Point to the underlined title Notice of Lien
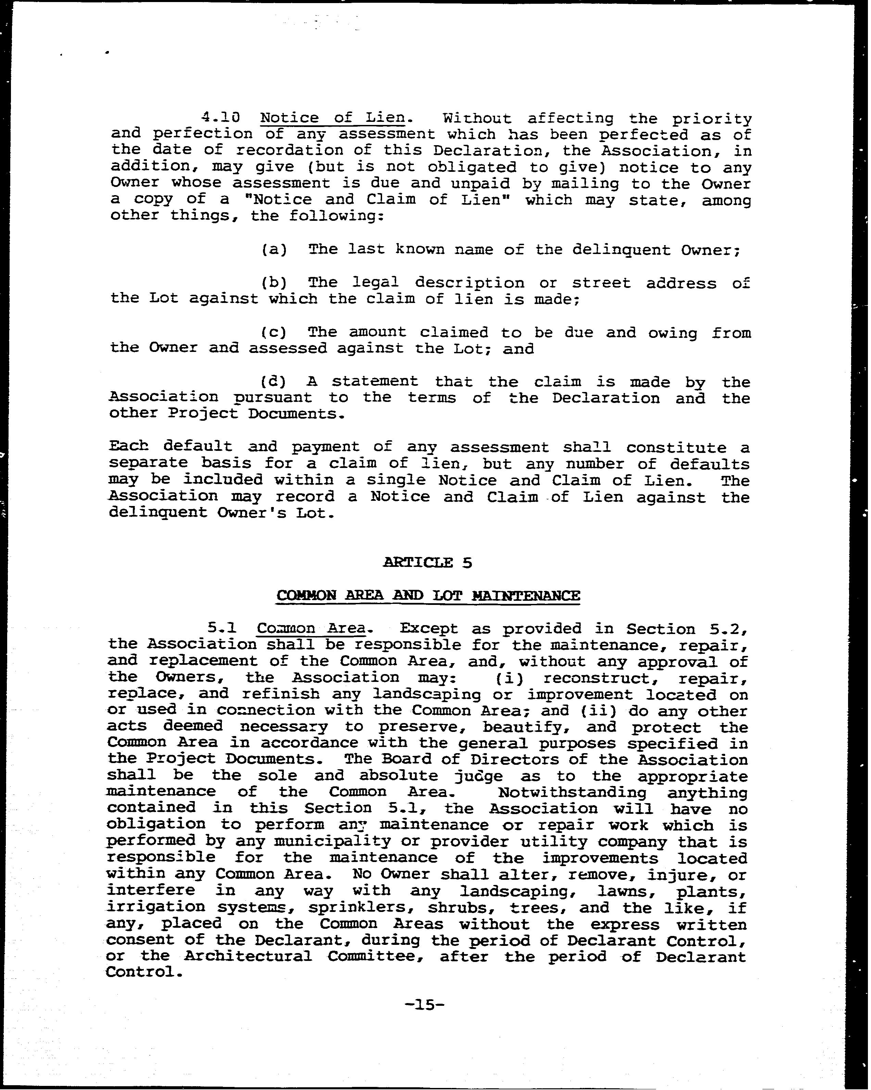[x=333, y=118]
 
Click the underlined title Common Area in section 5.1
[x=311, y=629]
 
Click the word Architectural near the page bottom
[x=248, y=956]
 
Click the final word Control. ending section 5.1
[x=143, y=972]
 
